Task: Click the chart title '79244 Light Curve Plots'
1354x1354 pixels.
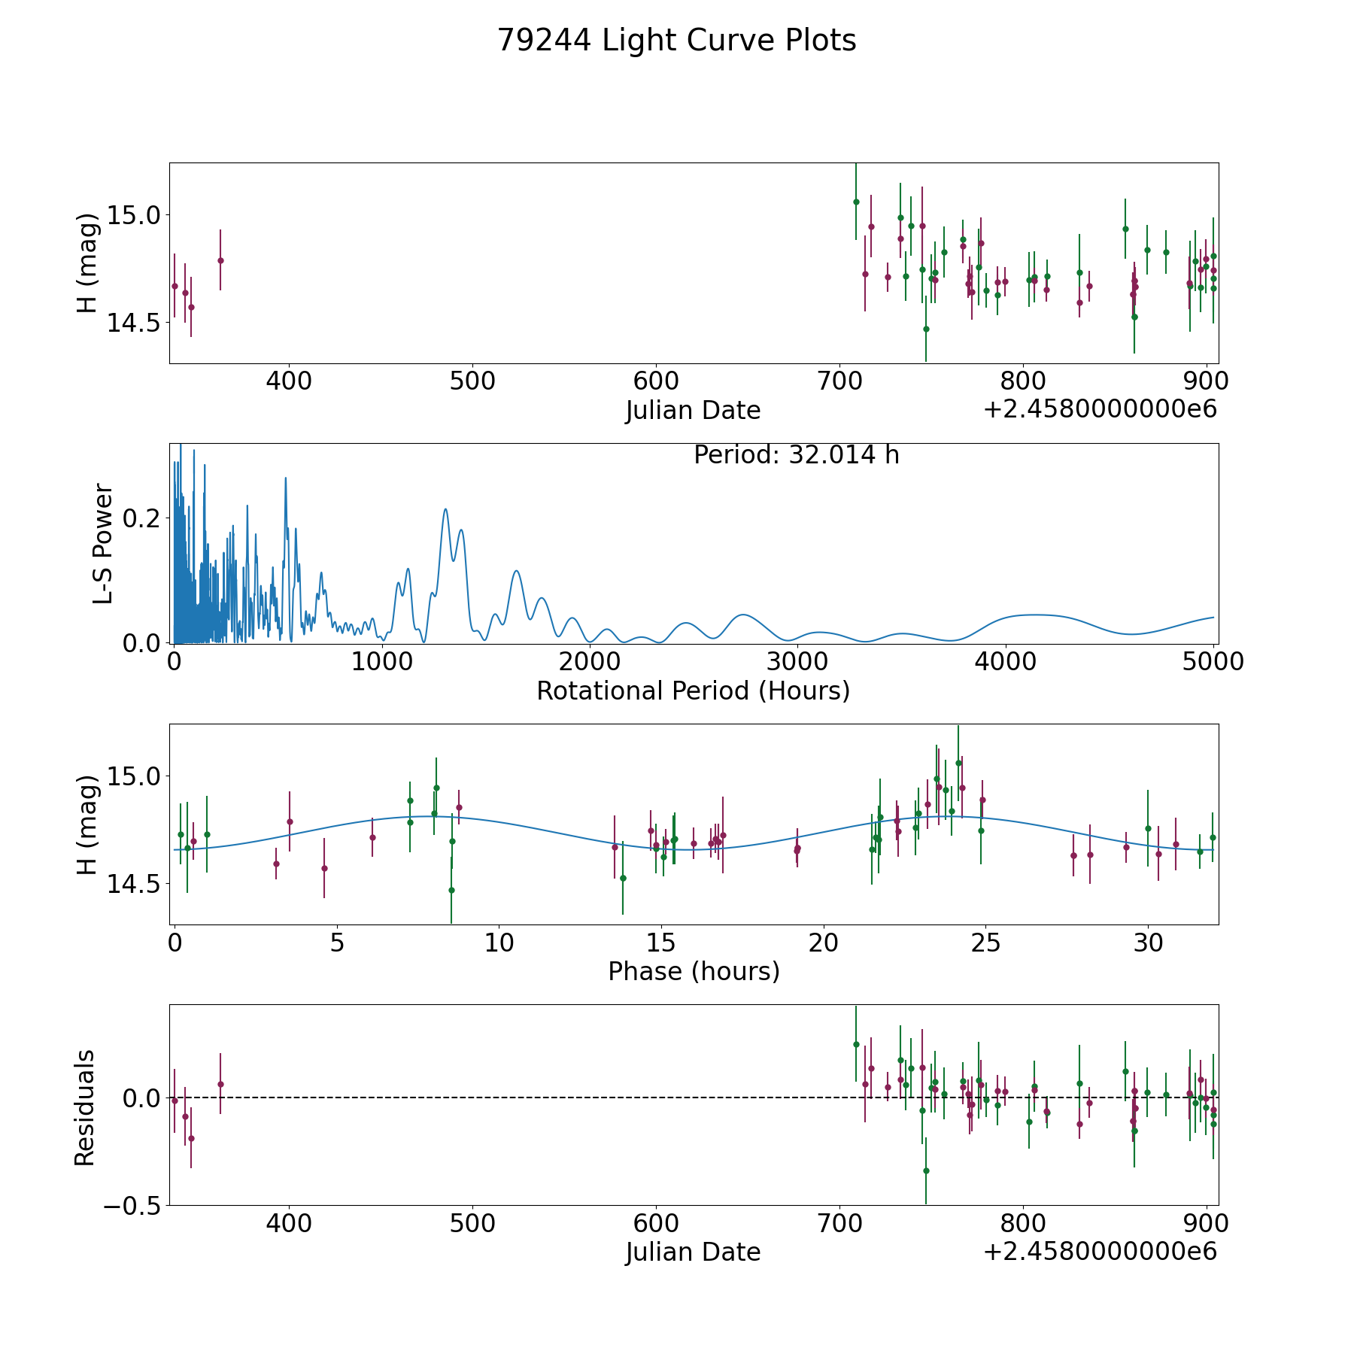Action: [676, 41]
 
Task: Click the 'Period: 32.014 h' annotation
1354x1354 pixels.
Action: [796, 455]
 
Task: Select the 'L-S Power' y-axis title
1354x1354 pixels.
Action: [103, 543]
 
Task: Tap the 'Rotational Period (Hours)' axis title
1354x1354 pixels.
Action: [693, 691]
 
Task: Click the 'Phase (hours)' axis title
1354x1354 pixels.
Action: [693, 971]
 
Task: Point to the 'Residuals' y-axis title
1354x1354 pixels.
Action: [84, 1107]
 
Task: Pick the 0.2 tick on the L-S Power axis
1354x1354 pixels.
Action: [144, 518]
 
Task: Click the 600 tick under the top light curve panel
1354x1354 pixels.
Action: [656, 381]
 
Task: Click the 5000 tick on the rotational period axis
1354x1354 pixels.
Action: [1213, 662]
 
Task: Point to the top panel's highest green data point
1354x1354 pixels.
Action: [856, 202]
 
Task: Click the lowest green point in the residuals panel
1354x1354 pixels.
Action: [926, 1170]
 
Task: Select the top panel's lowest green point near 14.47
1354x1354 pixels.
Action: [926, 329]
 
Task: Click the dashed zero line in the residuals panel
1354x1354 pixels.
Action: [527, 1097]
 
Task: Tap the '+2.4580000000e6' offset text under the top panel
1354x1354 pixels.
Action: [1100, 409]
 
